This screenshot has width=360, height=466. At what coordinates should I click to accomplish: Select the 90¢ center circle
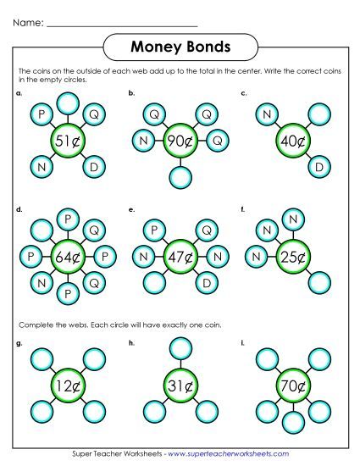click(179, 141)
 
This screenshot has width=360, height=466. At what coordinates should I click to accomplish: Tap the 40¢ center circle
click(292, 141)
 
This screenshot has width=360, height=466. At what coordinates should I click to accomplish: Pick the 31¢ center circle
click(179, 386)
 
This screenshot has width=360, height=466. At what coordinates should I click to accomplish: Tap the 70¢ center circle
click(292, 386)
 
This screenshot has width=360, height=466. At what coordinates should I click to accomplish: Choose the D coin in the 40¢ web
click(319, 168)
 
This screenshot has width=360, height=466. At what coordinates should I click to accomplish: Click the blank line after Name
click(123, 24)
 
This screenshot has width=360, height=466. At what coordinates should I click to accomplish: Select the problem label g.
click(19, 345)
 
